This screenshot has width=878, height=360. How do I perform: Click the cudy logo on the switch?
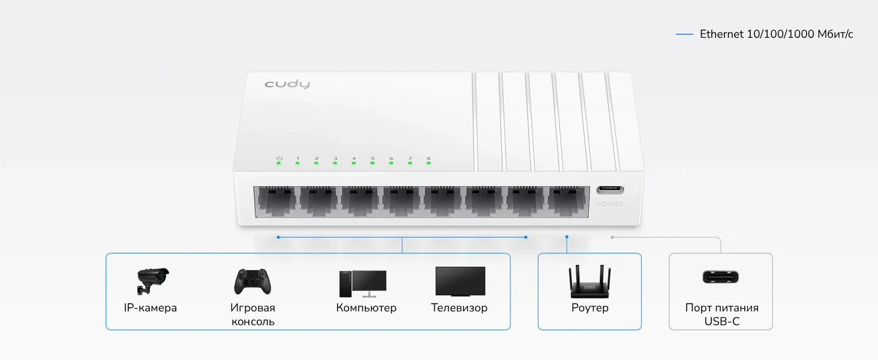[287, 84]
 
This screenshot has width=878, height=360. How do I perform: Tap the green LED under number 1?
[297, 163]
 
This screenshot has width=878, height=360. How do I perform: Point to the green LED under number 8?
[428, 163]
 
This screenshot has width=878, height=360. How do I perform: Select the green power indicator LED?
[279, 163]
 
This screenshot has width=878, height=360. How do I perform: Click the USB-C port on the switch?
[610, 190]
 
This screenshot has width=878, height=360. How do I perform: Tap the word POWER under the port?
[610, 203]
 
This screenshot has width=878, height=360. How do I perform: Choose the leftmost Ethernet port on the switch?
[276, 202]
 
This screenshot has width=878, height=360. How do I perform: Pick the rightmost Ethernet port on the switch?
[567, 202]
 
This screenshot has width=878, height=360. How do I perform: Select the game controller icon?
[252, 281]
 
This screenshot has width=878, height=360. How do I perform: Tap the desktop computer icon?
[363, 283]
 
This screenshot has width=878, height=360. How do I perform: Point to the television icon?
[460, 281]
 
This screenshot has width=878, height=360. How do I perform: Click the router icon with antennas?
[590, 282]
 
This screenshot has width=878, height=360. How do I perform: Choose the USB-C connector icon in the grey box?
[720, 277]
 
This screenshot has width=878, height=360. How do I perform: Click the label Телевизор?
[459, 308]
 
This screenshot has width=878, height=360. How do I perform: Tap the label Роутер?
[590, 308]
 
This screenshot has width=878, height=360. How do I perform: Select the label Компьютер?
[366, 308]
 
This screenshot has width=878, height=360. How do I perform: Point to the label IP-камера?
[150, 308]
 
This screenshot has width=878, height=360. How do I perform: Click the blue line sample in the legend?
[684, 34]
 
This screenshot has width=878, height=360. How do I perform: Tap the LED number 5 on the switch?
[372, 163]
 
